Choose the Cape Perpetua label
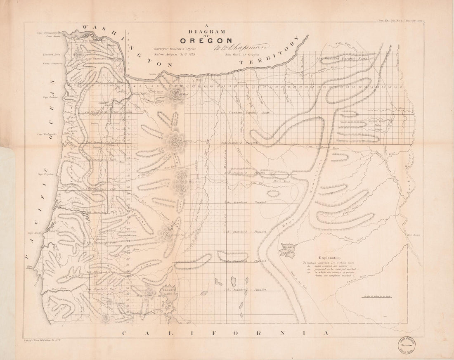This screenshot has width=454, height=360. pos(46,174)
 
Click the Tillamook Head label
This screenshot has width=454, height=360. pos(51,54)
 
